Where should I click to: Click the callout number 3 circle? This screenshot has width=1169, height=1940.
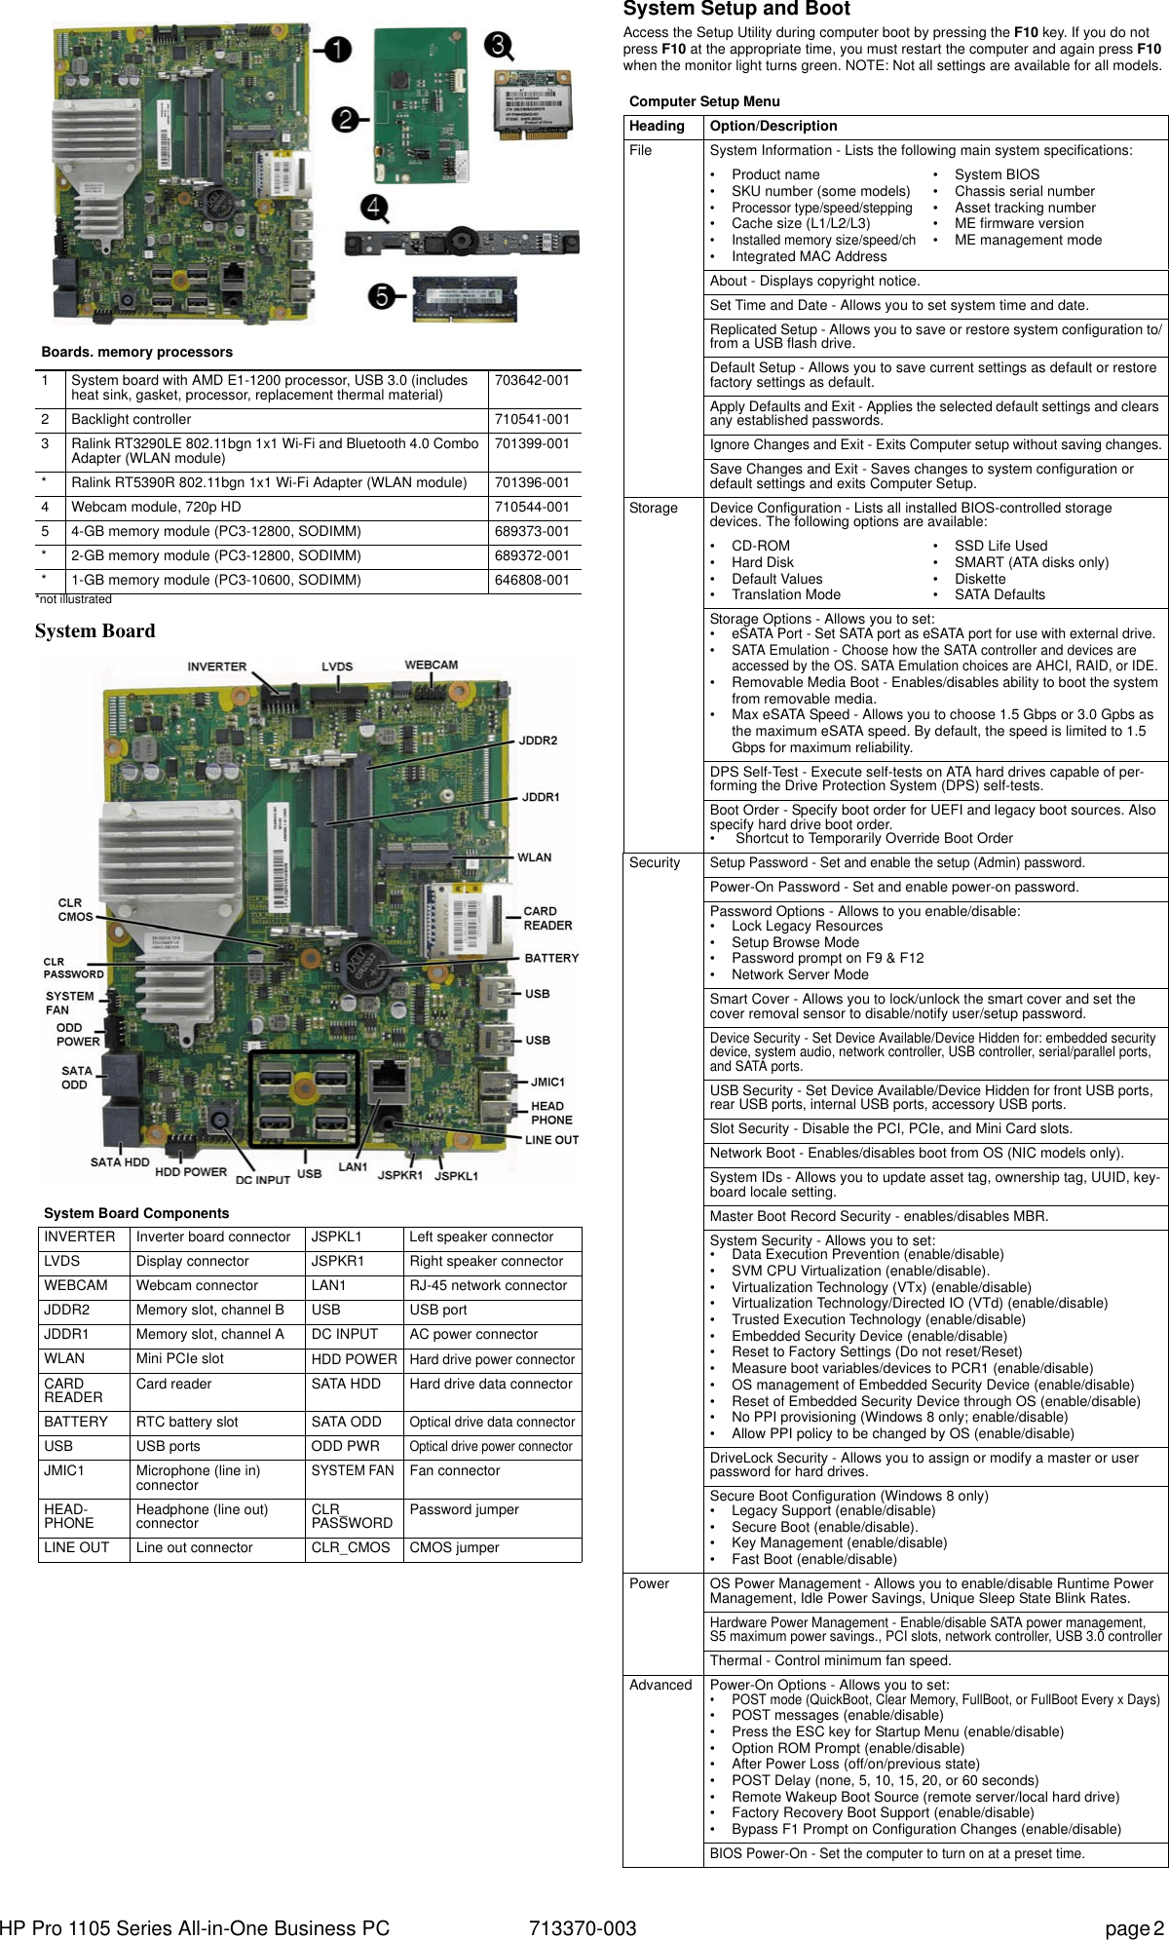coord(499,45)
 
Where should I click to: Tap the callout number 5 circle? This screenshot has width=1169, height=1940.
coord(382,296)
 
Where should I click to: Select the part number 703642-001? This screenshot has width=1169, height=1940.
coord(532,380)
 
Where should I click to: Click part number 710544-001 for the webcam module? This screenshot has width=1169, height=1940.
coord(532,507)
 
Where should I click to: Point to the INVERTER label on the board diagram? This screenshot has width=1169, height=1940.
coord(216,666)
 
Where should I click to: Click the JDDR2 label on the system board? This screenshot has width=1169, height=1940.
coord(538,741)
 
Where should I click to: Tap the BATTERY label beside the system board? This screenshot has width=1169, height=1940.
coord(551,958)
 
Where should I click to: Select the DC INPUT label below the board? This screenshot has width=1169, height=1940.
coord(263,1179)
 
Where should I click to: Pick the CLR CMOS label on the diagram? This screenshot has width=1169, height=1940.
coord(75,909)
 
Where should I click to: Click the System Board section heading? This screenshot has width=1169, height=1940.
coord(94,630)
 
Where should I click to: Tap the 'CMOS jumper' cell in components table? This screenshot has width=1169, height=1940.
coord(454,1547)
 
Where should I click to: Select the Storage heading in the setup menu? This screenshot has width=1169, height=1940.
coord(654,508)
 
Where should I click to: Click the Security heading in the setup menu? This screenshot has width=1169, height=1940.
coord(655,862)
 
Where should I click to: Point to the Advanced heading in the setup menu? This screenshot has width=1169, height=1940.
coord(660,1685)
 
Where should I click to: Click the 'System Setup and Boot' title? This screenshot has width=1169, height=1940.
coord(736,10)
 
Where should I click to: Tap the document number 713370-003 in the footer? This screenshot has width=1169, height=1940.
coord(583,1927)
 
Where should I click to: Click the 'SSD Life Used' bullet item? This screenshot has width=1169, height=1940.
coord(1000,546)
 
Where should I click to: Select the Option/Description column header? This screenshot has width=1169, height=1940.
coord(773,126)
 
